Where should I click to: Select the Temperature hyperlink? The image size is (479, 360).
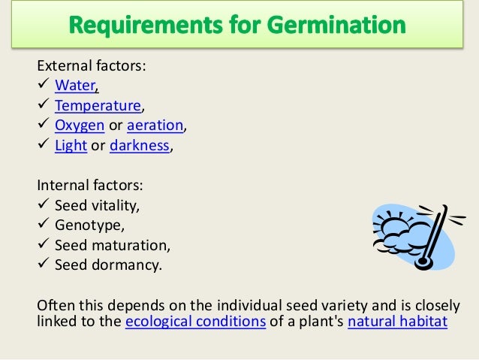[98, 106]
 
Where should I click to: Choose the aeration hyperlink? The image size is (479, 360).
[153, 126]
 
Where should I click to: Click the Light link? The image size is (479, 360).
[71, 146]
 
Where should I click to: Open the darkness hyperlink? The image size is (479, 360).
[140, 146]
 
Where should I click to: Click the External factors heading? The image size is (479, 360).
[90, 66]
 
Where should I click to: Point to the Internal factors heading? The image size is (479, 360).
[88, 185]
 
